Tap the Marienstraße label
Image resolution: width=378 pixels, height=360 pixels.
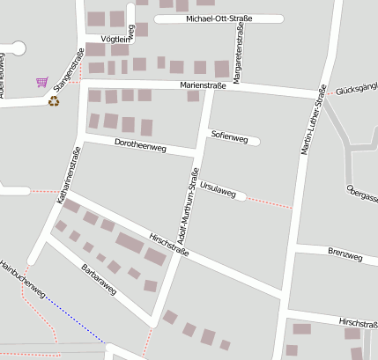coord(203,85)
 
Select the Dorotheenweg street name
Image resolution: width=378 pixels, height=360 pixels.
coord(140,146)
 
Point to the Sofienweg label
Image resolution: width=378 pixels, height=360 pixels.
coord(229,136)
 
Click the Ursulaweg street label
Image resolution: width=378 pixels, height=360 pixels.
coord(218,189)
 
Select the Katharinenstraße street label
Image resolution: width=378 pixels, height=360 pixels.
coord(63,176)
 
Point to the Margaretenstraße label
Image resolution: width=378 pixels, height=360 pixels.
coord(238,44)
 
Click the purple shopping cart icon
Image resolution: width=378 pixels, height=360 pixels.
coord(41,82)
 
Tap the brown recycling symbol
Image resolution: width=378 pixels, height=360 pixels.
coord(54,101)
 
